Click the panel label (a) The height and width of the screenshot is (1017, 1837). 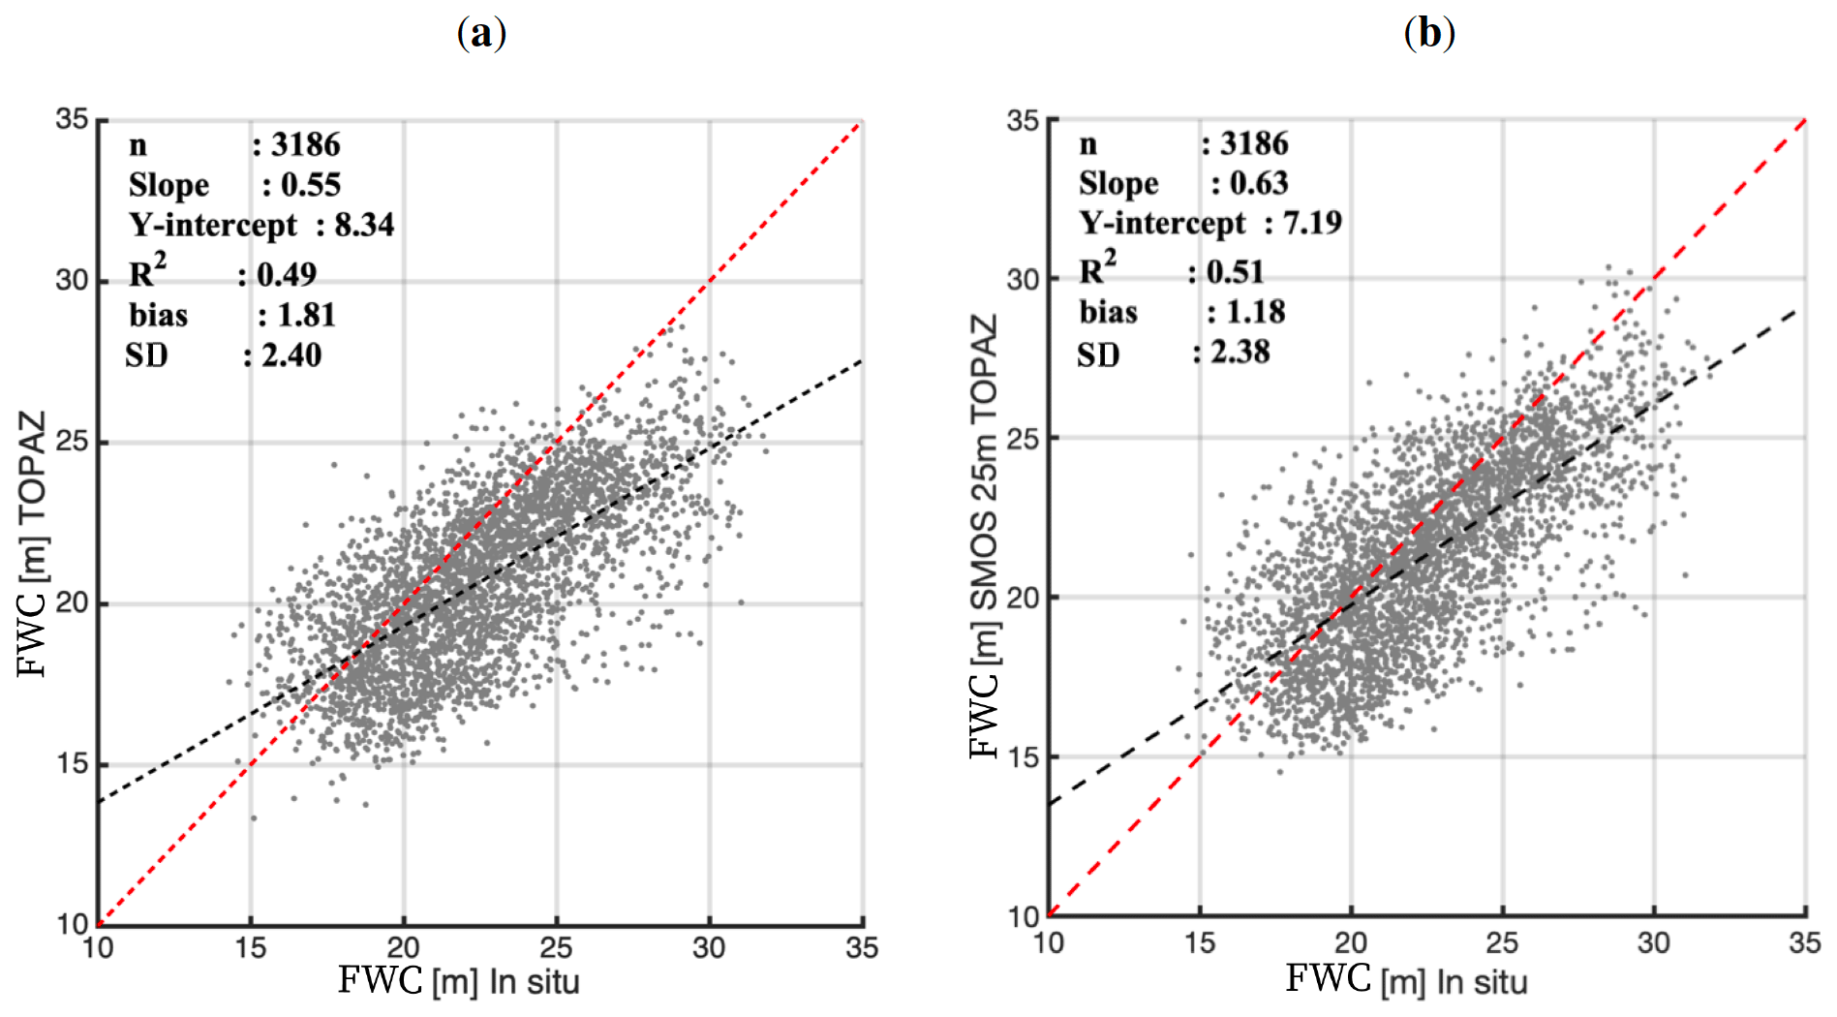point(481,34)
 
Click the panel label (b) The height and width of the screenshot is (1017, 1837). point(1429,34)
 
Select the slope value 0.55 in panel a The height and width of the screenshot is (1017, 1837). point(311,185)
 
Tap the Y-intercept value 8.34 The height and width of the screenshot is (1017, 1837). point(364,225)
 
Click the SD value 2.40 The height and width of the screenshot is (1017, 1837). point(291,355)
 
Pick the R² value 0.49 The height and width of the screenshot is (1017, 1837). point(287,274)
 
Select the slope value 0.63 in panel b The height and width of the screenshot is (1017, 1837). point(1259,183)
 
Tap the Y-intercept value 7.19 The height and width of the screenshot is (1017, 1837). point(1312,223)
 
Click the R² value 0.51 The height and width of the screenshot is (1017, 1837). point(1236,271)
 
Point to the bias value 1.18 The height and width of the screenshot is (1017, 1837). point(1256,312)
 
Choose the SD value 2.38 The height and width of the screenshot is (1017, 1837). point(1240,352)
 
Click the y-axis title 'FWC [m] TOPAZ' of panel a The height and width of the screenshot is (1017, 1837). point(32,543)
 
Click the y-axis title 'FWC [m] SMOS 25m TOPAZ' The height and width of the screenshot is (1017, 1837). point(983,536)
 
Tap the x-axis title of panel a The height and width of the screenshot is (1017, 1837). point(458,981)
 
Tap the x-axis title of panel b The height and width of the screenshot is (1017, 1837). point(1406,980)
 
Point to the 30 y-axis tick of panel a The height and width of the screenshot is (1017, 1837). point(72,281)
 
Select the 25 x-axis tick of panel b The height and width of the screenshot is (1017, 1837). point(1502,942)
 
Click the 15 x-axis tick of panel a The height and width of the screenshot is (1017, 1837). point(251,947)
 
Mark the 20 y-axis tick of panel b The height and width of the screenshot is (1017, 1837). point(1023,598)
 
